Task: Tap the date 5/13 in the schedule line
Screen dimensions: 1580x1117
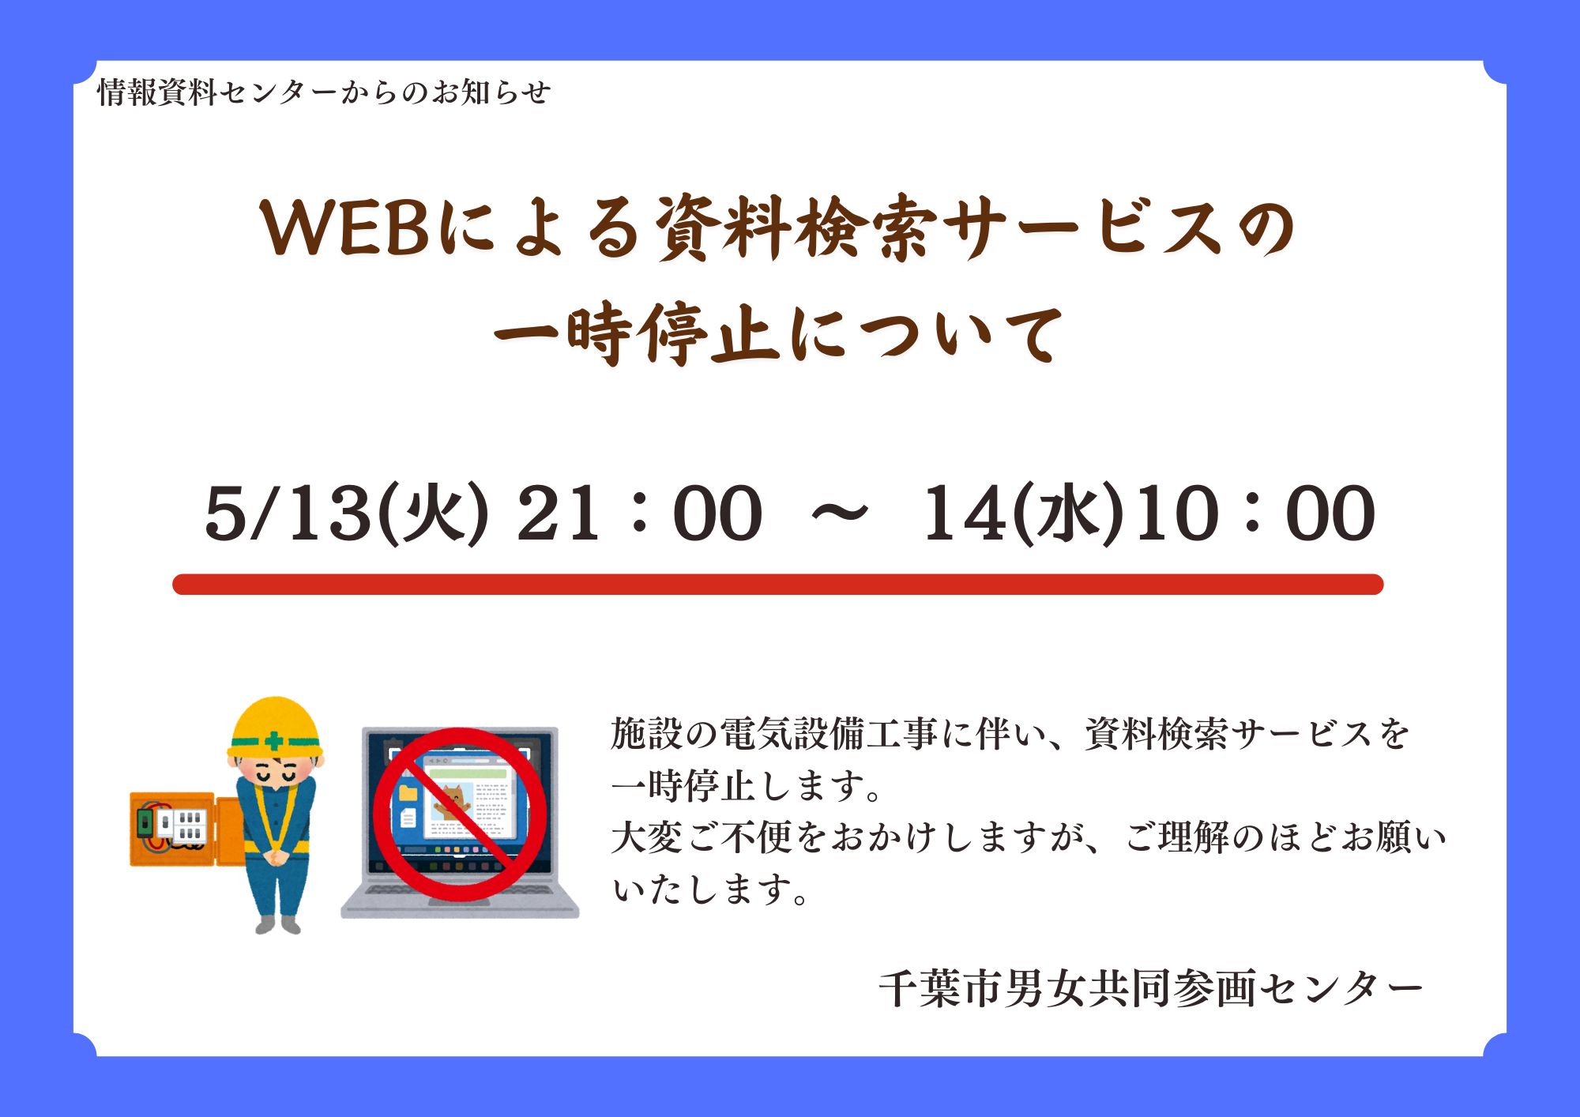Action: click(x=288, y=513)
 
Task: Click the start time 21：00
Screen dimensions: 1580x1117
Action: click(x=639, y=513)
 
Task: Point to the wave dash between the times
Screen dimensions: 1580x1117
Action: click(x=840, y=513)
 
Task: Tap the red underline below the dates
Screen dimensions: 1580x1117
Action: click(x=778, y=585)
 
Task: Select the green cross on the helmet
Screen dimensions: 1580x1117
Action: click(x=273, y=742)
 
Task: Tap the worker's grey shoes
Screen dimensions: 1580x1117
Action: click(x=278, y=924)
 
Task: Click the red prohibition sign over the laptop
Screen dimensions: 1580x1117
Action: click(x=460, y=814)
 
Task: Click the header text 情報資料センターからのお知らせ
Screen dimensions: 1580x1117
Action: click(x=324, y=92)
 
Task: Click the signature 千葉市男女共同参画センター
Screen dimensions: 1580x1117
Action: click(x=1151, y=988)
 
